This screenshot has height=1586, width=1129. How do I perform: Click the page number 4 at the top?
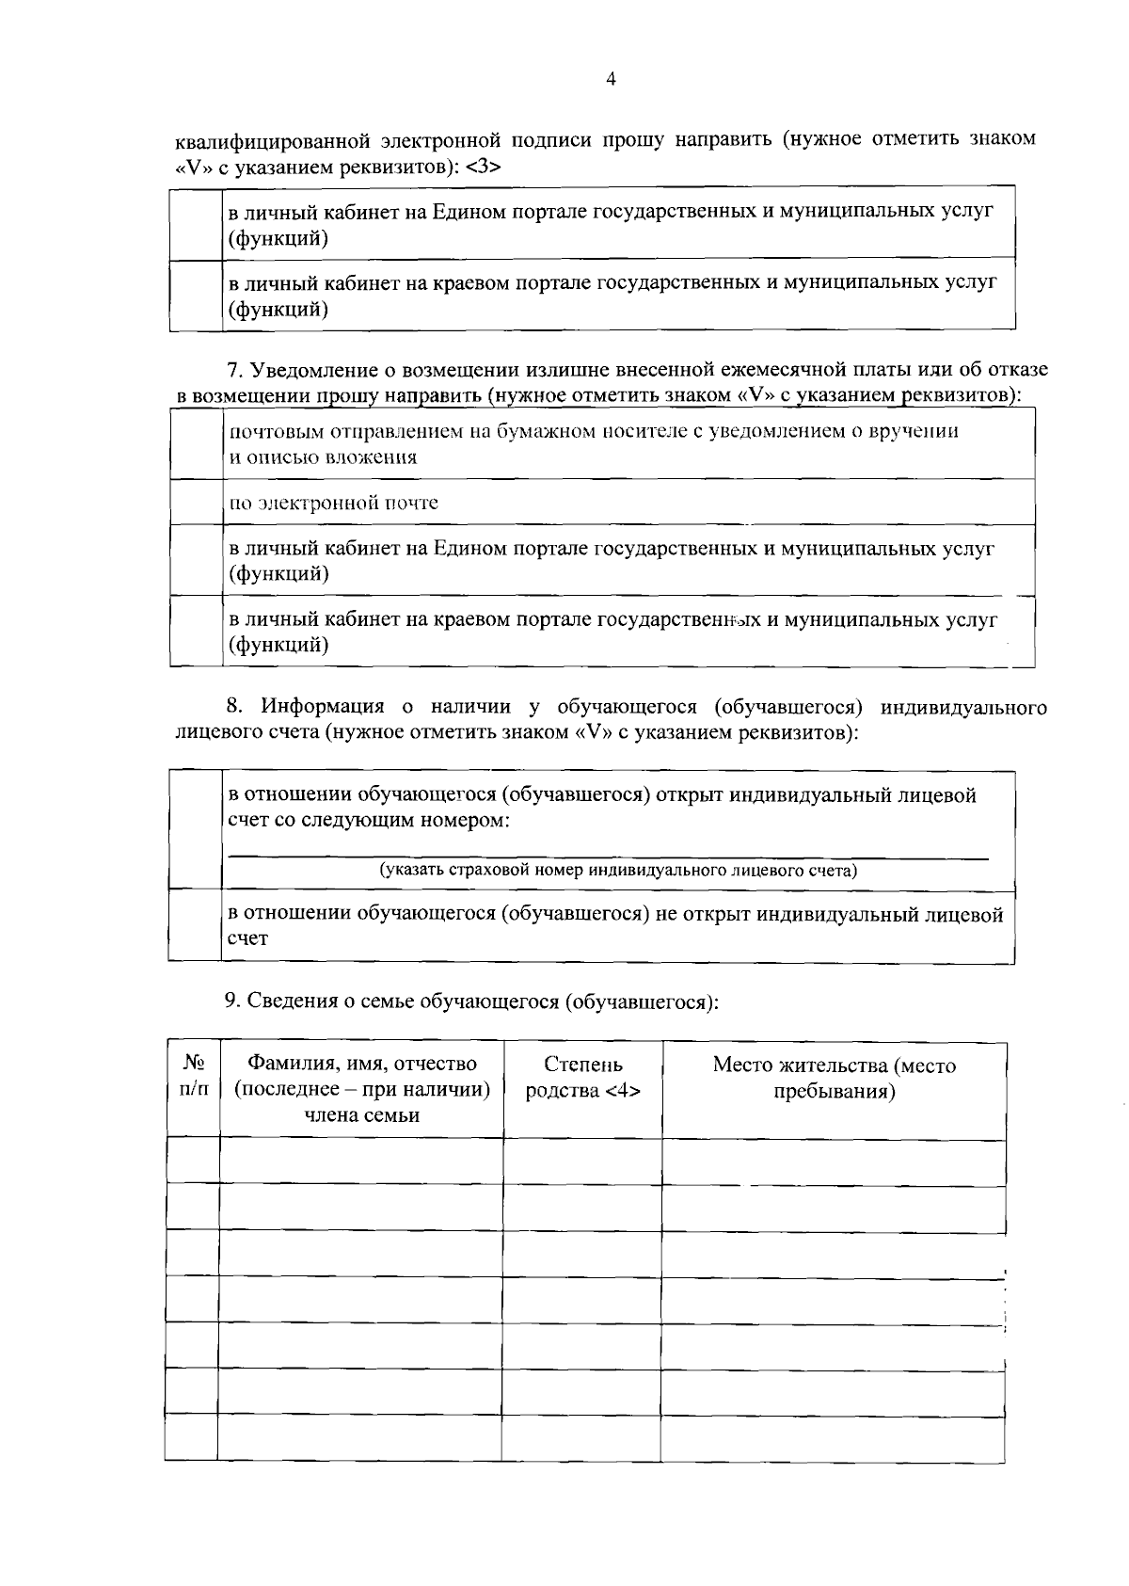[611, 81]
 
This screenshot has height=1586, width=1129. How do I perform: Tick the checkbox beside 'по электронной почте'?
[196, 503]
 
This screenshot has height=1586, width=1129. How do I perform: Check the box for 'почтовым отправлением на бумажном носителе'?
[196, 444]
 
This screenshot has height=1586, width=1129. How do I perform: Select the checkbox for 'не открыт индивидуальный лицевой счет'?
[195, 926]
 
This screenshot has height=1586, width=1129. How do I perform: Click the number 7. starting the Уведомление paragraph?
[235, 370]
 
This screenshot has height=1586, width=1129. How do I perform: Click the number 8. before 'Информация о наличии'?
[235, 707]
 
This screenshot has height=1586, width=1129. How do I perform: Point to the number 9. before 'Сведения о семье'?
[233, 1001]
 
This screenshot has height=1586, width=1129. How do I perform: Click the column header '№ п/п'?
[193, 1076]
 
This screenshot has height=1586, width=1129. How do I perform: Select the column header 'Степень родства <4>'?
[583, 1078]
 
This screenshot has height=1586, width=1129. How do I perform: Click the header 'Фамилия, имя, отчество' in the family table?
[362, 1064]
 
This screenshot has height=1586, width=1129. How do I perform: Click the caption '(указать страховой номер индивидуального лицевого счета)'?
[618, 871]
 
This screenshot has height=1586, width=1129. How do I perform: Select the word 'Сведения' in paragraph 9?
[288, 1001]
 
